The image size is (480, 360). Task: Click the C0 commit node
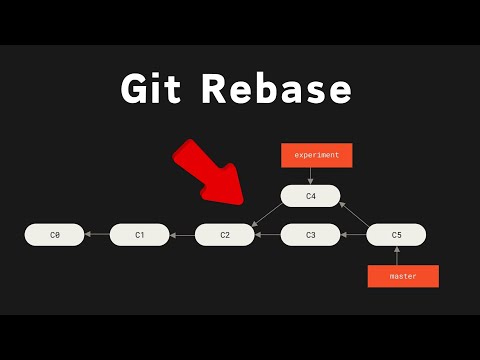[54, 235]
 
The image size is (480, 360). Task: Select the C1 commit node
[140, 235]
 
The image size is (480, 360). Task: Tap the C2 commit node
[225, 235]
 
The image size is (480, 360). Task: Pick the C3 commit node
[310, 235]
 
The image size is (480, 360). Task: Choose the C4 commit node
[310, 196]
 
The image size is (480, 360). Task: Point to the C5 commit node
[396, 235]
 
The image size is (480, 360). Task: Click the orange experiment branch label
[316, 155]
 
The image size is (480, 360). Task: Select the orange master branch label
[404, 275]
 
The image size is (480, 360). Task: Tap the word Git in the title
[154, 89]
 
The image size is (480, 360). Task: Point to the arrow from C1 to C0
[97, 235]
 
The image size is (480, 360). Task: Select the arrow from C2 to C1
[182, 235]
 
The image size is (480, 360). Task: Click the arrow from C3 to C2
[268, 235]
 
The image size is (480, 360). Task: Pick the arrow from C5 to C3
[353, 235]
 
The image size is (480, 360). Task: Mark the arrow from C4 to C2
[265, 214]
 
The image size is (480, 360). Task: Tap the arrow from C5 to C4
[355, 214]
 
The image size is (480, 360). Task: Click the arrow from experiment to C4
[310, 175]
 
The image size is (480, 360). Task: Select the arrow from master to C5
[396, 256]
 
